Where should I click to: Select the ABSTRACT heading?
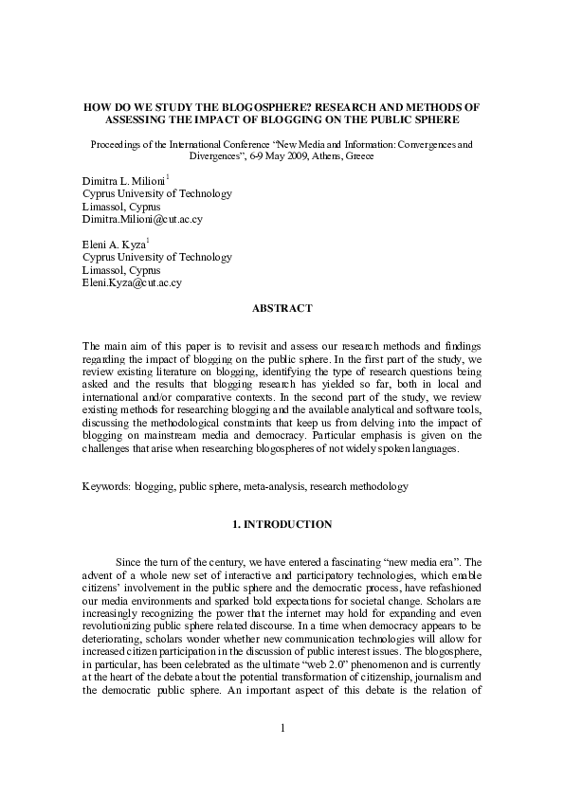pyautogui.click(x=282, y=309)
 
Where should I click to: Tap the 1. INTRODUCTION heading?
pyautogui.click(x=282, y=523)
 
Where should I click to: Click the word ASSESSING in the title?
pyautogui.click(x=142, y=121)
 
